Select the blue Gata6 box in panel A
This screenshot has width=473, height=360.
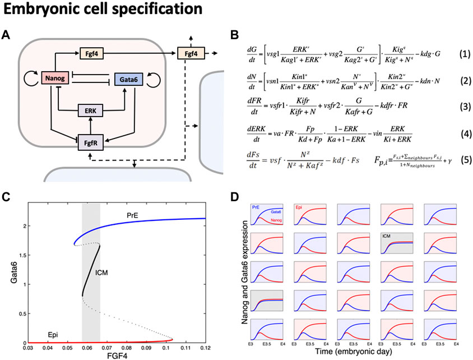[132, 81]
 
